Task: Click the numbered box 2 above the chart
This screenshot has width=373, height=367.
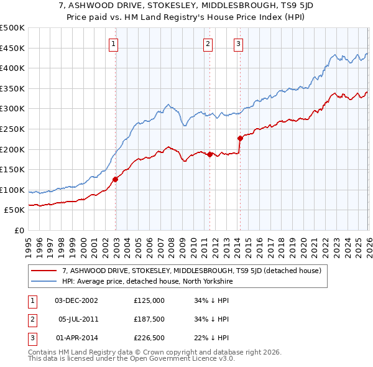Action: (x=208, y=44)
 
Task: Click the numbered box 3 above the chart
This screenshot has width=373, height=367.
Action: (x=239, y=44)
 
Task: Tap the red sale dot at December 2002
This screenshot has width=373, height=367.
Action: (x=115, y=179)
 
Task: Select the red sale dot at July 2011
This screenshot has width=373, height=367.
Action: (x=210, y=154)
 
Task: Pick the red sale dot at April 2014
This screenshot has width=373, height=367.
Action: (x=240, y=138)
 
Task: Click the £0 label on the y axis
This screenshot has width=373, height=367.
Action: (x=19, y=230)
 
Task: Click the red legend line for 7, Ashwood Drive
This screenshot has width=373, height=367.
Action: (x=44, y=271)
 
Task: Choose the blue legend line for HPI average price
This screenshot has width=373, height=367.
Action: (x=44, y=281)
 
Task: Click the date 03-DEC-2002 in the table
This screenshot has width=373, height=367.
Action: (x=76, y=300)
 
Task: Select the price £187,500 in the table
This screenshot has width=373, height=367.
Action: (x=149, y=319)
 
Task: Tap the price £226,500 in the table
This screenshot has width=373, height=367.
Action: (x=149, y=338)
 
